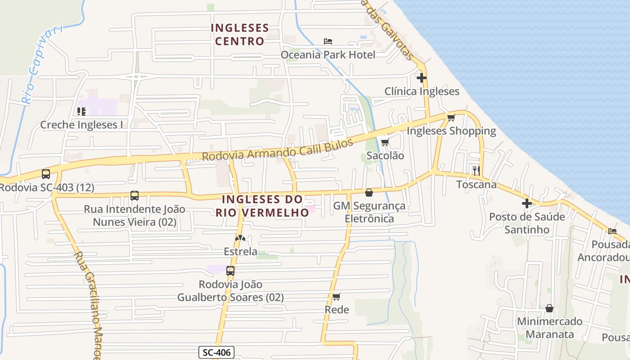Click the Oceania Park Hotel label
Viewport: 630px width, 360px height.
pyautogui.click(x=328, y=55)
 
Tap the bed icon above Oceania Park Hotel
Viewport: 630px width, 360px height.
pyautogui.click(x=328, y=41)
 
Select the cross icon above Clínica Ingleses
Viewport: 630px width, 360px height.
pyautogui.click(x=421, y=78)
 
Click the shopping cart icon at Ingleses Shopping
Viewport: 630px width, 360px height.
pyautogui.click(x=451, y=118)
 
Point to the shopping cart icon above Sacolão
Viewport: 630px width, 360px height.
pyautogui.click(x=385, y=143)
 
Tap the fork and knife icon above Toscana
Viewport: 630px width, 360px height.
pyautogui.click(x=477, y=171)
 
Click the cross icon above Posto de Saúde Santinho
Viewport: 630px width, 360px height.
pyautogui.click(x=527, y=203)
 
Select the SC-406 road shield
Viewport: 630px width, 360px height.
pyautogui.click(x=216, y=352)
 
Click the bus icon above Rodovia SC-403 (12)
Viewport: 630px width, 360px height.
pyautogui.click(x=46, y=174)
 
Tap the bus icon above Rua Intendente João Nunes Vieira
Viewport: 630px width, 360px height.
pyautogui.click(x=135, y=196)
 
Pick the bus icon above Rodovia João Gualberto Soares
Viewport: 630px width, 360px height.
pyautogui.click(x=230, y=271)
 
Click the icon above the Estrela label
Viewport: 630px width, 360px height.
pyautogui.click(x=240, y=238)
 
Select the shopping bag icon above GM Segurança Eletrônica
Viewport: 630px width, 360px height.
pyautogui.click(x=369, y=193)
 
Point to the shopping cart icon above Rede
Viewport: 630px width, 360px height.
pyautogui.click(x=337, y=297)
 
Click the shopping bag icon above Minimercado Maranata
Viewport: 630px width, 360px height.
pyautogui.click(x=549, y=308)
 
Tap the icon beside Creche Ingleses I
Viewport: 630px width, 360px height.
pyautogui.click(x=81, y=111)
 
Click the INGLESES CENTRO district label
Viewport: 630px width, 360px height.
pyautogui.click(x=240, y=35)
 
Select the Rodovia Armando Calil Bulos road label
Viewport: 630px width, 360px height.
pyautogui.click(x=278, y=150)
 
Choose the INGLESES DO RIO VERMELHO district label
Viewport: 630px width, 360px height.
pyautogui.click(x=262, y=206)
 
